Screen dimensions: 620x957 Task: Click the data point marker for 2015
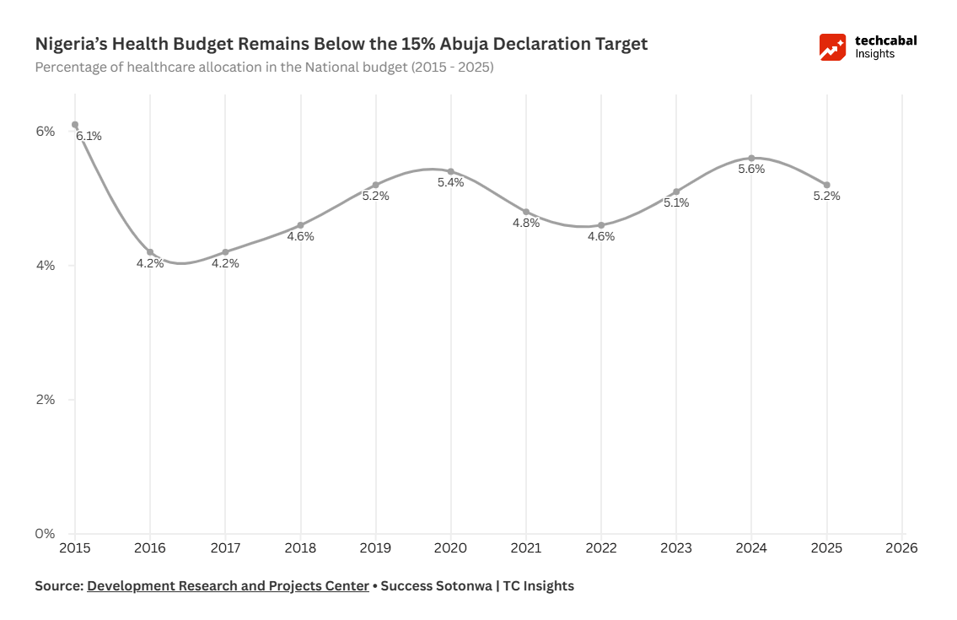pyautogui.click(x=75, y=125)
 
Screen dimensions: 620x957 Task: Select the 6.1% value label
pyautogui.click(x=89, y=136)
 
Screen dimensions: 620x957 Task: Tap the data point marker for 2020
pyautogui.click(x=451, y=171)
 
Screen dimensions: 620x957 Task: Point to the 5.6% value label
pyautogui.click(x=751, y=169)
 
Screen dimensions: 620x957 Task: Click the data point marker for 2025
pyautogui.click(x=827, y=185)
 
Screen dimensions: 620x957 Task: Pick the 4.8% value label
pyautogui.click(x=526, y=224)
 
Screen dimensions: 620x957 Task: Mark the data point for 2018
pyautogui.click(x=301, y=225)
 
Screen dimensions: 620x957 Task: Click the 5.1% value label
pyautogui.click(x=676, y=202)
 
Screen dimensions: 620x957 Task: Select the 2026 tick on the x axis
pyautogui.click(x=902, y=547)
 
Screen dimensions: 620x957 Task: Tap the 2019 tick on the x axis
pyautogui.click(x=375, y=547)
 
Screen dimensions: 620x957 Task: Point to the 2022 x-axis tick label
pyautogui.click(x=601, y=547)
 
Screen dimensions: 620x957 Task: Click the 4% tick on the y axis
pyautogui.click(x=44, y=266)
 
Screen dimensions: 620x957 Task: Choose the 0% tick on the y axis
pyautogui.click(x=44, y=534)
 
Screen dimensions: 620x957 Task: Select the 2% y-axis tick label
pyautogui.click(x=44, y=400)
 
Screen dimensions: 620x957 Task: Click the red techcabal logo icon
pyautogui.click(x=832, y=47)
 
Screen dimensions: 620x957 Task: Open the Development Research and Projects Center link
pyautogui.click(x=228, y=585)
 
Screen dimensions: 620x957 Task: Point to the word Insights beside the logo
pyautogui.click(x=875, y=54)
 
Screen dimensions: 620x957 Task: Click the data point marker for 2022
pyautogui.click(x=601, y=225)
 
